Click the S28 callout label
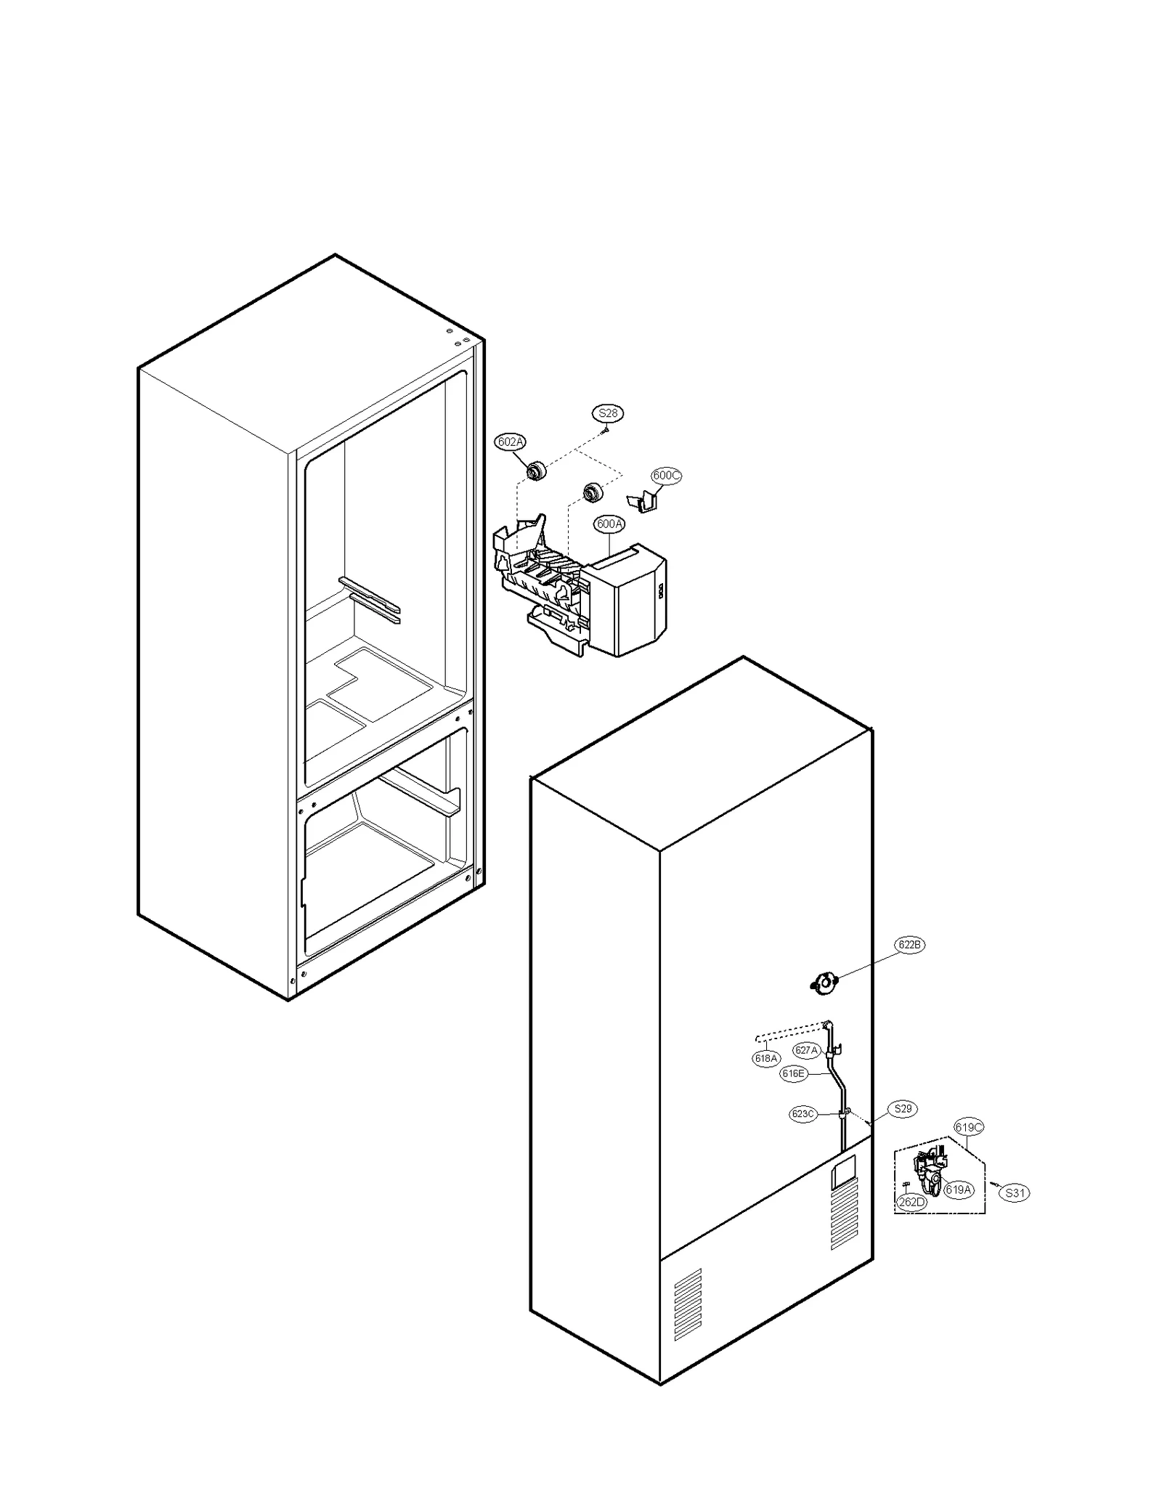coord(607,413)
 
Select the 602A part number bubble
coord(510,442)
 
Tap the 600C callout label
coord(666,476)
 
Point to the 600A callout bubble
coord(609,524)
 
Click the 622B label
coord(909,945)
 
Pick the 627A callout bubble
coord(807,1050)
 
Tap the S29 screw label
coord(903,1109)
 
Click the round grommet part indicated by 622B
coord(824,984)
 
